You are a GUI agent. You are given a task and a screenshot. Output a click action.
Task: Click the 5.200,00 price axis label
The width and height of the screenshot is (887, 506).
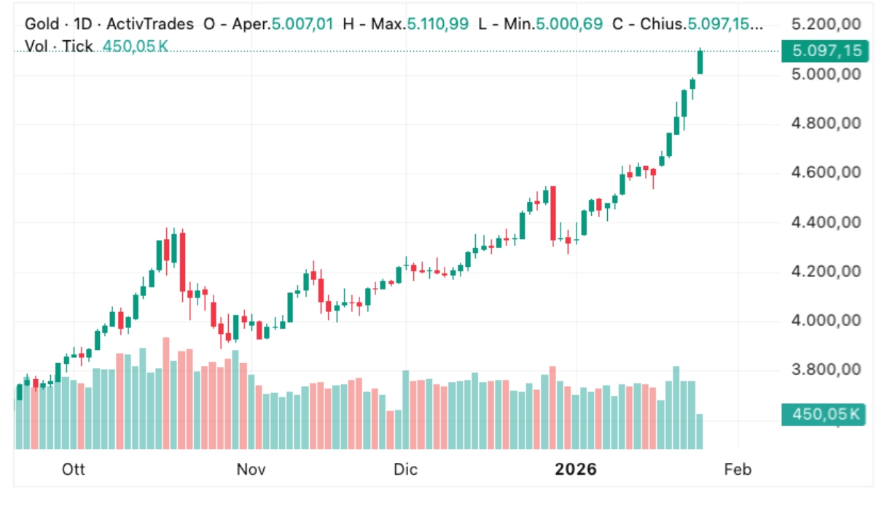(826, 24)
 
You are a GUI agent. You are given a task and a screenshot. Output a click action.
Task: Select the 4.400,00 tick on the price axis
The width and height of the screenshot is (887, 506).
(826, 222)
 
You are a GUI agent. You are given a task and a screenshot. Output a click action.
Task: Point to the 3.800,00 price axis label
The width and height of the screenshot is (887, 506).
(826, 370)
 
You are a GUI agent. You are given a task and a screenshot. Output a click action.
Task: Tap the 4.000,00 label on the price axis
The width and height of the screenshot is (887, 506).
(826, 320)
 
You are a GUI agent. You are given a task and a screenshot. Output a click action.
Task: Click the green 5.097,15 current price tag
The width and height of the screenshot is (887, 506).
(822, 51)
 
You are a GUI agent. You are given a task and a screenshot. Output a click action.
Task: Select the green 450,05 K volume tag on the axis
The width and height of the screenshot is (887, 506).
(822, 414)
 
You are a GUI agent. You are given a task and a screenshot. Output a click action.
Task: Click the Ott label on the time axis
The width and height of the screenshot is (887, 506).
(74, 469)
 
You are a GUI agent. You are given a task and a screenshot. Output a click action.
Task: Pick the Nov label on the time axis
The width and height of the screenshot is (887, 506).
(251, 469)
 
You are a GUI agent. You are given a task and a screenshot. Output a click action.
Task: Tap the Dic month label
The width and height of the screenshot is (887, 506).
(406, 469)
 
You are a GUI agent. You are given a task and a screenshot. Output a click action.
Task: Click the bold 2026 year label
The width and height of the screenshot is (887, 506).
(576, 469)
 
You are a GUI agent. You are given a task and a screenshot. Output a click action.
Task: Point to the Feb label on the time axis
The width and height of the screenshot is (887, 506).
(738, 469)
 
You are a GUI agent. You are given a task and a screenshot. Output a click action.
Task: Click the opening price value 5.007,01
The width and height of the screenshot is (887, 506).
(302, 24)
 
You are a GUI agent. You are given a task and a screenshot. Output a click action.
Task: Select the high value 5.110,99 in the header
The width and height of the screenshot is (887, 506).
(437, 24)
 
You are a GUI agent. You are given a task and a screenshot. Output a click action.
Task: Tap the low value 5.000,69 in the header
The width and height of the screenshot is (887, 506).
(569, 24)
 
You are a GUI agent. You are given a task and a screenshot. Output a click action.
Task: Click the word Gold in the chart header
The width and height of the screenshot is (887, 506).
(41, 24)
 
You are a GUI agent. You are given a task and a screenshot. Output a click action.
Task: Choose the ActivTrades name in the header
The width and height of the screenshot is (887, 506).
(149, 24)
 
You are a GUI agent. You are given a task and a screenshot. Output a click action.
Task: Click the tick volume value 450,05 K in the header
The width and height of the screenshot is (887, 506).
(136, 46)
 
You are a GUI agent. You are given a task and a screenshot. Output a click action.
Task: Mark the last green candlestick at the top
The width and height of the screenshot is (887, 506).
(700, 63)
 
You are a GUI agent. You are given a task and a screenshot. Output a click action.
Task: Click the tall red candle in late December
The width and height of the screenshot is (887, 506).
(553, 213)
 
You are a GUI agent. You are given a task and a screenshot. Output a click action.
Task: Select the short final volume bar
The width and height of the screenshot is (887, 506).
(700, 431)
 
